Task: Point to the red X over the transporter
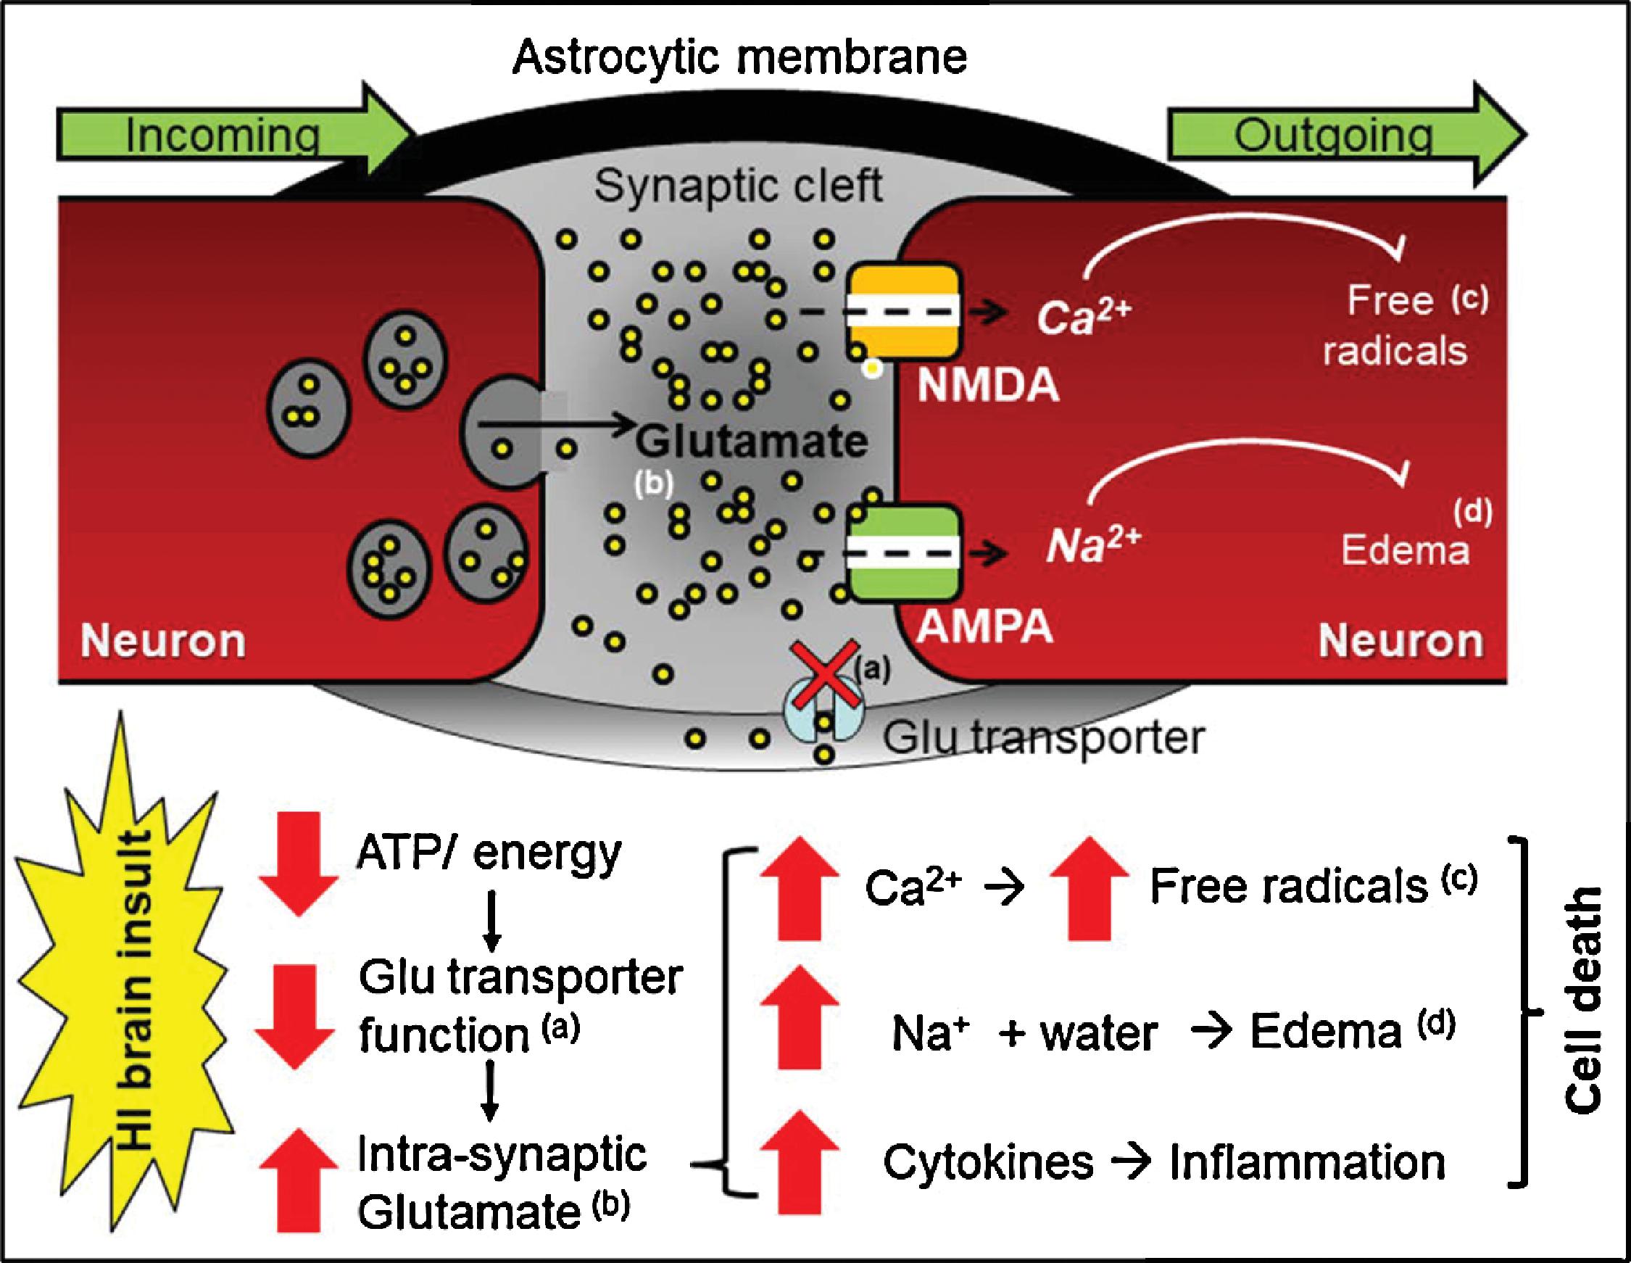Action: pyautogui.click(x=823, y=672)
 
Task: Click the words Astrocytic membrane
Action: pyautogui.click(x=739, y=57)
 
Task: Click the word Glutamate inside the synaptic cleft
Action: pyautogui.click(x=751, y=441)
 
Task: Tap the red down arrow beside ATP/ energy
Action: pyautogui.click(x=298, y=863)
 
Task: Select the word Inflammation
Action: pyautogui.click(x=1307, y=1162)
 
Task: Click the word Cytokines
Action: pyautogui.click(x=988, y=1162)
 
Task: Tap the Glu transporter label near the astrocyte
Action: pyautogui.click(x=1043, y=738)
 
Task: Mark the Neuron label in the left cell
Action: pyautogui.click(x=163, y=641)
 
